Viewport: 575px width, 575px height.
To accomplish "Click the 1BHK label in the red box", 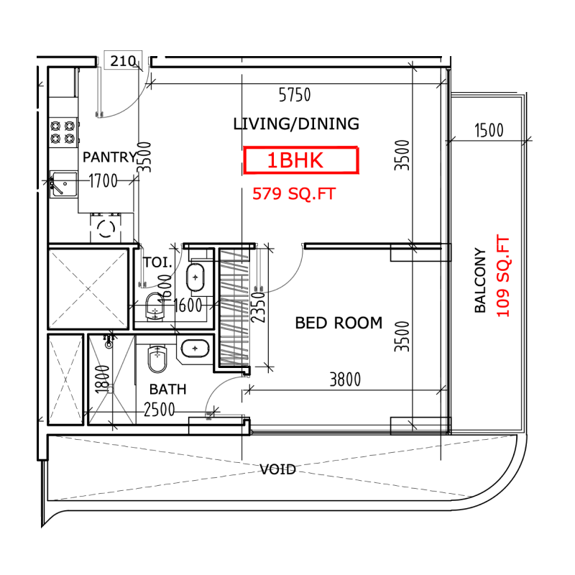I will coord(300,161).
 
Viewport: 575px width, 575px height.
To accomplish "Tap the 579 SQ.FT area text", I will coord(293,194).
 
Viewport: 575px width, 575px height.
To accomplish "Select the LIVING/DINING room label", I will coord(296,124).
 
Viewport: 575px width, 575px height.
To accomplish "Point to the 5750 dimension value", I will coord(294,94).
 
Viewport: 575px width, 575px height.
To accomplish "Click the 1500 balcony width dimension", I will coord(489,130).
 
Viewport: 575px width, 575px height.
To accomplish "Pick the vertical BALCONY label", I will coord(480,281).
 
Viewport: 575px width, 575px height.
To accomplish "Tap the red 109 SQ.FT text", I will coord(502,277).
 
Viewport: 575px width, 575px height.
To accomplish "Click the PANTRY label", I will coord(109,157).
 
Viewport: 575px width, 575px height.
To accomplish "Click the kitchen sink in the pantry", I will coord(63,184).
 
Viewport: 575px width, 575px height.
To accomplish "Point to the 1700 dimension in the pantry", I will coord(103,181).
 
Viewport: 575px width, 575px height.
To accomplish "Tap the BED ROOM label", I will coord(339,323).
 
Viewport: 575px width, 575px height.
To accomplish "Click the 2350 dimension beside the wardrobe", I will coord(259,307).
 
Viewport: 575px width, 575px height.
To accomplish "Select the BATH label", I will coord(167,390).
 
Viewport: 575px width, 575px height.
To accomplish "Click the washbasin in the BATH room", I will coord(194,349).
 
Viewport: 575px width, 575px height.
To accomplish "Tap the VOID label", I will coord(278,469).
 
